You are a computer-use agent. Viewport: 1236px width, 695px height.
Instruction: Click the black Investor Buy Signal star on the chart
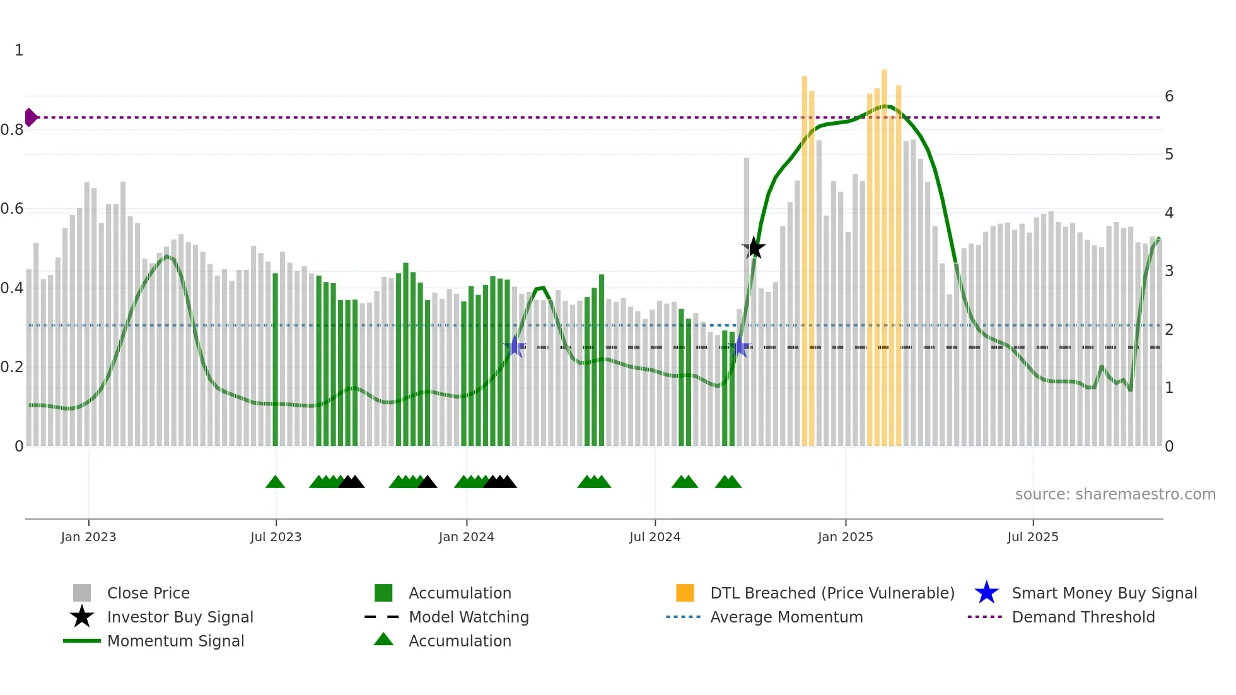(754, 248)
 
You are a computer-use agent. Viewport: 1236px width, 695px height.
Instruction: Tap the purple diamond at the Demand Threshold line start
(30, 117)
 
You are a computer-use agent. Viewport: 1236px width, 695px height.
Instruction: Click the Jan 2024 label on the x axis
(466, 537)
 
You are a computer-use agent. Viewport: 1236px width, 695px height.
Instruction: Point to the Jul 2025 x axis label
(1032, 537)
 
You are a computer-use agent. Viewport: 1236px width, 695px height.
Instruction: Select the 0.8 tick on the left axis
(12, 130)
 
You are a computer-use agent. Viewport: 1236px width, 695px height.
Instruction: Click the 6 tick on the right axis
(1169, 96)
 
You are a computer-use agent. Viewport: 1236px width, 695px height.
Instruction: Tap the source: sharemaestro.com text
(1115, 494)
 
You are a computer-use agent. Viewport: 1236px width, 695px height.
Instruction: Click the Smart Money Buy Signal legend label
(1104, 593)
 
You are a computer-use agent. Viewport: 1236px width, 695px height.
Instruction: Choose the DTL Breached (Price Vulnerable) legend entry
(832, 593)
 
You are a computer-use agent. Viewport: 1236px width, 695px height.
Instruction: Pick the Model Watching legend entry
(469, 617)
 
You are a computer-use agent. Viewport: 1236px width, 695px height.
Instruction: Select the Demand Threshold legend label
(1083, 617)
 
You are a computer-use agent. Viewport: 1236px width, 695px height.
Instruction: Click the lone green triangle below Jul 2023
(275, 482)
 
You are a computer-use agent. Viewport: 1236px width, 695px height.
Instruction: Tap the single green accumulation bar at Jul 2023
(275, 359)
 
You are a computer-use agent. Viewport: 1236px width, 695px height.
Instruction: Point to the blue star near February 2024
(515, 346)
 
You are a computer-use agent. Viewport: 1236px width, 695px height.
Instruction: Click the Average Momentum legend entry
(786, 617)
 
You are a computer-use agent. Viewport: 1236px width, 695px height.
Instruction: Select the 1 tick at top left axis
(19, 50)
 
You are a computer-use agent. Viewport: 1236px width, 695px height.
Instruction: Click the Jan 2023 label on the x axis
(88, 537)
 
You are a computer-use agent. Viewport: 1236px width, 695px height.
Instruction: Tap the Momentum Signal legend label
(175, 641)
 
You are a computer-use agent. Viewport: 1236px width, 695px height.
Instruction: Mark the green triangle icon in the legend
(383, 640)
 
